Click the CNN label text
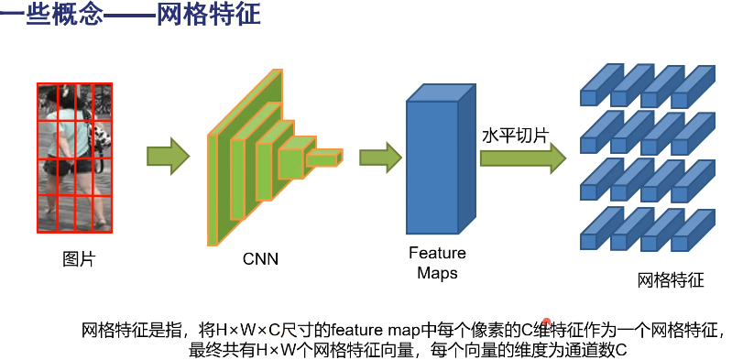260,259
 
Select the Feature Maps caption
437,262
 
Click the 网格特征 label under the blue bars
671,280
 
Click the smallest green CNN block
322,160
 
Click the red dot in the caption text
546,322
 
